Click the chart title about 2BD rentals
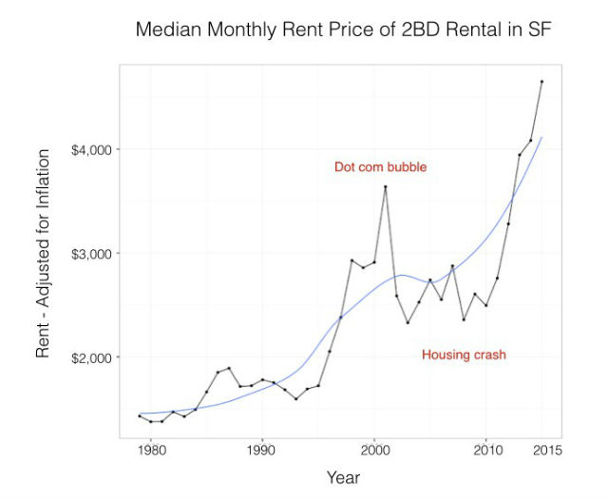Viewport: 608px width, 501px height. click(343, 29)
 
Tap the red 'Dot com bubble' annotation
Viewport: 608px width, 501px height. click(380, 167)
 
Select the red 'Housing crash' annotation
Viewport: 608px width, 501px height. click(464, 355)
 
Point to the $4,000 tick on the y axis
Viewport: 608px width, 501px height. click(93, 149)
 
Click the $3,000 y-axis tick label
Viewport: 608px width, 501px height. click(93, 254)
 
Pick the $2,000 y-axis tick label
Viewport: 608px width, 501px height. click(93, 357)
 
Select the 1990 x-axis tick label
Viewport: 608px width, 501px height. click(262, 449)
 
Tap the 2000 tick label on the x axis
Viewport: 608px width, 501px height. click(374, 449)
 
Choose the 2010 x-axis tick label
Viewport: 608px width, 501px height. click(486, 449)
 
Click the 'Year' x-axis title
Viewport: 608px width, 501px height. click(343, 476)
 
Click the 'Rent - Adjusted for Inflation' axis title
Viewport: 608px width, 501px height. click(44, 256)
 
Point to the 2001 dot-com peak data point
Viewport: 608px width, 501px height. click(385, 186)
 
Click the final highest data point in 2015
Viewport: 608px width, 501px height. click(541, 82)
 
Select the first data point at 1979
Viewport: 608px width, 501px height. click(139, 415)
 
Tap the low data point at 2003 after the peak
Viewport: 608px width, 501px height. click(408, 322)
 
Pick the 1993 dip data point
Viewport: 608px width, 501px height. click(295, 398)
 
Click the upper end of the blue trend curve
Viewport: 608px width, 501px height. click(541, 138)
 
